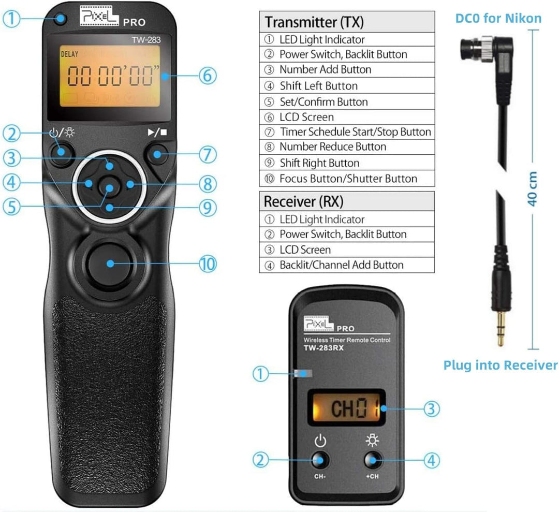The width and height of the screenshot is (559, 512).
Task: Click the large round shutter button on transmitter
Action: tap(109, 262)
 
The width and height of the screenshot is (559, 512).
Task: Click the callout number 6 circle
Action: tap(207, 76)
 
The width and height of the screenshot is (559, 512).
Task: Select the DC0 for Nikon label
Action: tap(498, 19)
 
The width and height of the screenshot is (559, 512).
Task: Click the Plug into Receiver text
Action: tap(500, 365)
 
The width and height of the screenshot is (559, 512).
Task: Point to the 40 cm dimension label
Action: tap(532, 189)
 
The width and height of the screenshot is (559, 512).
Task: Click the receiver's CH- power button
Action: tap(320, 460)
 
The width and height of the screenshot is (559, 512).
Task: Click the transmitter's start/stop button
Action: tap(157, 153)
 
